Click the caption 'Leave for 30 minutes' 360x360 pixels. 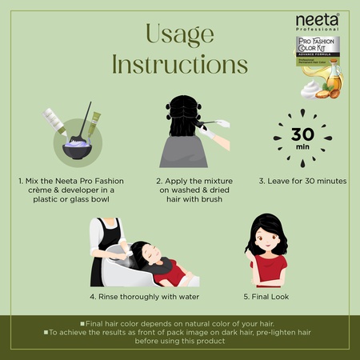pyautogui.click(x=302, y=182)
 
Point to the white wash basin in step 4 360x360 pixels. pyautogui.click(x=132, y=268)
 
